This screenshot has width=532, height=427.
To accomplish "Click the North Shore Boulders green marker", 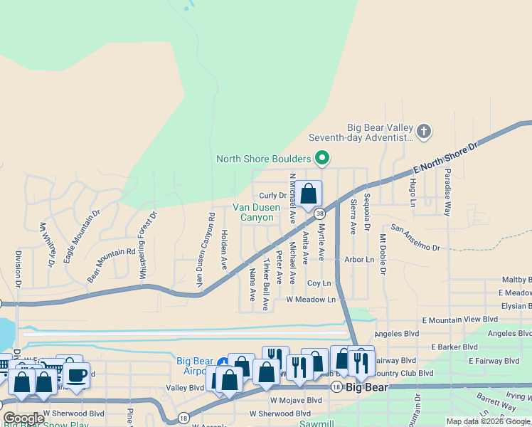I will (322, 158).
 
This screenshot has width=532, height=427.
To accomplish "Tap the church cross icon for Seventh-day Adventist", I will (423, 131).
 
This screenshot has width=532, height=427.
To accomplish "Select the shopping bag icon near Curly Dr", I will (309, 194).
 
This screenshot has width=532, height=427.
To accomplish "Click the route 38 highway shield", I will (320, 213).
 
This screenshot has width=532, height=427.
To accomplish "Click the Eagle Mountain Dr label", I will (79, 233).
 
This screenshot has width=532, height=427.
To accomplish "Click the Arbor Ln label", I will (360, 260).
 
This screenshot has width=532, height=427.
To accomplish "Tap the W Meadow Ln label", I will (311, 300).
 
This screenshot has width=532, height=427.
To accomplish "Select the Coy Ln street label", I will (319, 283).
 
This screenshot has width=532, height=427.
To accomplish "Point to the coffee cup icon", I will (78, 374).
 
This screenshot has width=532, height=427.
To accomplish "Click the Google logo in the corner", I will (23, 418).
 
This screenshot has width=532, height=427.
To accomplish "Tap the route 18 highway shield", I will (183, 417).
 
